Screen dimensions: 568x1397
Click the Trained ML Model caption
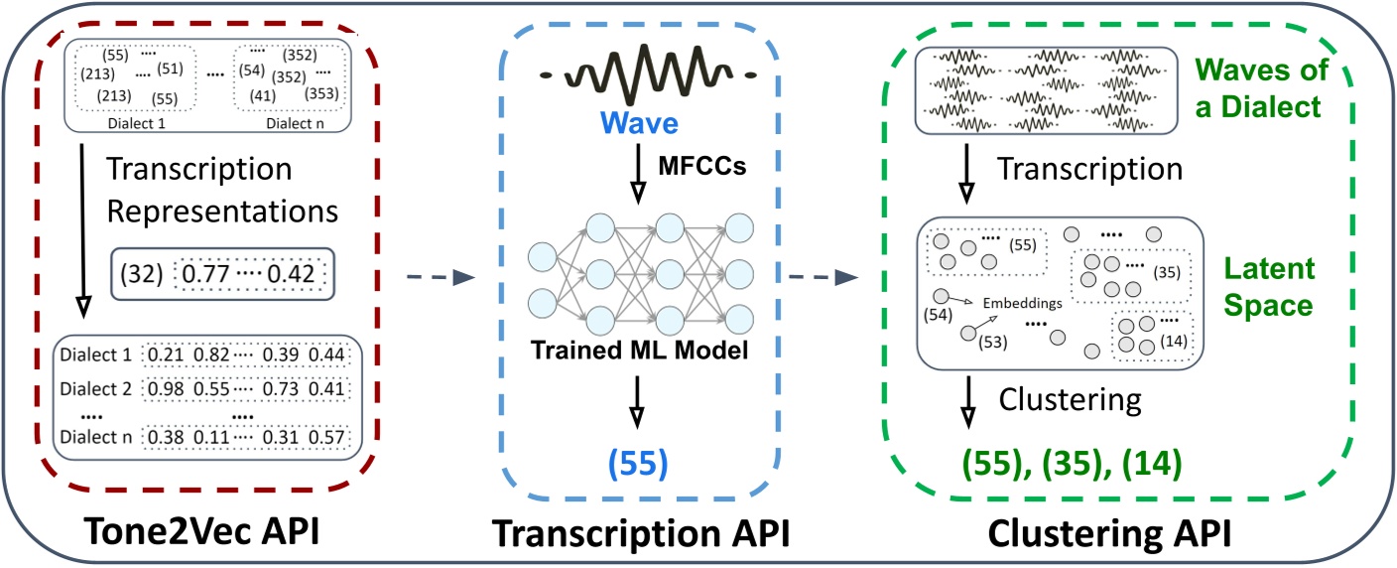coord(650,351)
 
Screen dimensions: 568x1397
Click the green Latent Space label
coord(1270,287)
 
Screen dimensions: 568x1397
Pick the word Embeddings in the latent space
coord(1022,303)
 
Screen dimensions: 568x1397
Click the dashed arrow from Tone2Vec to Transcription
coord(437,281)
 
